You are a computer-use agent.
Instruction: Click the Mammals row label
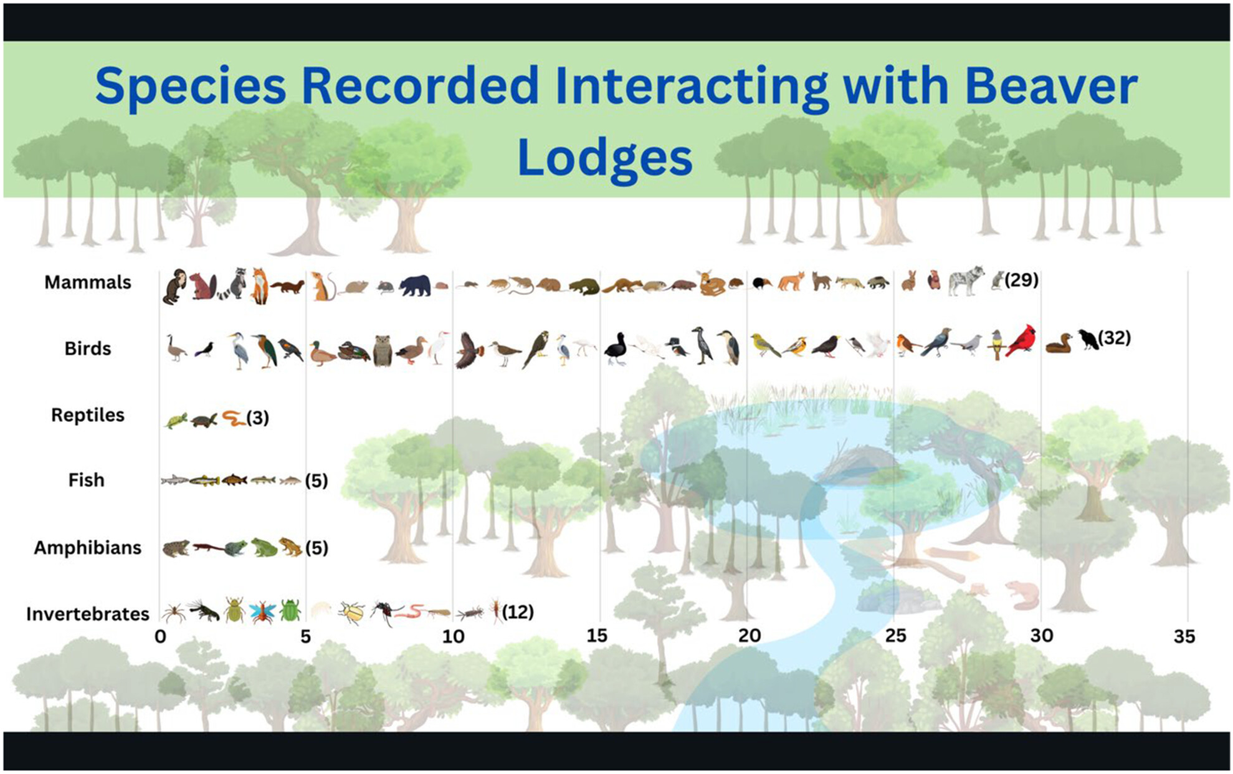coord(88,282)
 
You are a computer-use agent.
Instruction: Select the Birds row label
coord(88,348)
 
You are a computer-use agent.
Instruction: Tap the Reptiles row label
coord(88,415)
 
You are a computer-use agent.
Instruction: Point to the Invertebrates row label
coord(88,614)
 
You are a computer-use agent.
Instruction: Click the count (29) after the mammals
coord(1022,280)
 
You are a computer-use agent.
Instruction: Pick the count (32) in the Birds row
coord(1114,338)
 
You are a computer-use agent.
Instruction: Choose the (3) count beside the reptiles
coord(257,418)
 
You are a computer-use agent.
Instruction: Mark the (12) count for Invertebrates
coord(518,612)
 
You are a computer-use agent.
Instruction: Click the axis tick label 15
coord(596,636)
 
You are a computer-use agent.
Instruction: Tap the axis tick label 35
coord(1184,637)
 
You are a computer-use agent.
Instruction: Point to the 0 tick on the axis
coord(160,636)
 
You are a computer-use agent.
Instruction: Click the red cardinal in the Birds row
coord(1021,341)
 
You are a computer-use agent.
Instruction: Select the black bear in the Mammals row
coord(415,285)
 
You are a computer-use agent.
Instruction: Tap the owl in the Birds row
coord(383,350)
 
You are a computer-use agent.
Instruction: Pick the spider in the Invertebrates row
coord(174,613)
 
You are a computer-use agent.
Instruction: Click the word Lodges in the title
coord(605,158)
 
